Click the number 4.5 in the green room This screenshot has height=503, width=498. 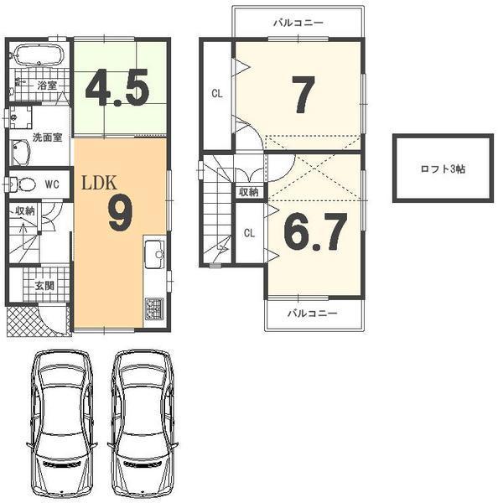point(118,88)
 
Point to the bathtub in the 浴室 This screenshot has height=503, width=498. point(39,58)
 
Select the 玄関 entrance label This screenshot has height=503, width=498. point(44,286)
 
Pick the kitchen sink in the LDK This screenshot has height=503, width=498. point(154,253)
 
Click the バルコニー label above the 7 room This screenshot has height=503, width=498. point(298,23)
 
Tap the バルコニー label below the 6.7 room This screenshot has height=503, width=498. point(313,314)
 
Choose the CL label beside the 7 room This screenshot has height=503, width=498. point(216,94)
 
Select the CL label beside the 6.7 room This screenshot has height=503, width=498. point(249,233)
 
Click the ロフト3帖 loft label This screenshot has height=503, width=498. point(443,168)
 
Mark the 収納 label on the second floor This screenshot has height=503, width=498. point(249,192)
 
